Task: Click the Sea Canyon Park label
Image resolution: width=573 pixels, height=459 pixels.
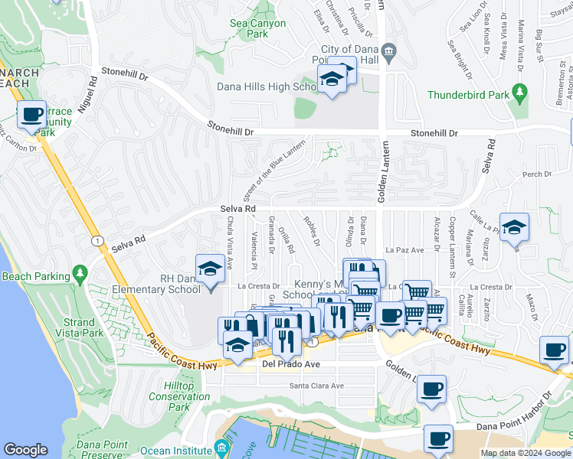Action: point(258,29)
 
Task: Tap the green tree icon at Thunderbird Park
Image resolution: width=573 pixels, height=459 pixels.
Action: point(520,93)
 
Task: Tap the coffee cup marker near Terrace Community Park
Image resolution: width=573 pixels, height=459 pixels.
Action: point(31,116)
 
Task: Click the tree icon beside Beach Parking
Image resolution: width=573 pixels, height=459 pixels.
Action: point(79,273)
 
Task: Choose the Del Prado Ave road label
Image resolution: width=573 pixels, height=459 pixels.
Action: point(290,365)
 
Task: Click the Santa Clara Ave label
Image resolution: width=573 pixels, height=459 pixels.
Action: point(316,386)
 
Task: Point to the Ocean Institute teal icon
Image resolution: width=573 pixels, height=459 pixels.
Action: point(221,447)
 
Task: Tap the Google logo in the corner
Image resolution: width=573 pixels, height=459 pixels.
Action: point(25,450)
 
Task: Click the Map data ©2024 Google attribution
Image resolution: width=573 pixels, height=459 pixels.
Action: point(525,453)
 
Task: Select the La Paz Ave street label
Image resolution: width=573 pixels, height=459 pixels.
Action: point(404,250)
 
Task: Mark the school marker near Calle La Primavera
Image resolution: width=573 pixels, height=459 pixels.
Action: point(515,227)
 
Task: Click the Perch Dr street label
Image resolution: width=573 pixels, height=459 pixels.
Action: point(537,175)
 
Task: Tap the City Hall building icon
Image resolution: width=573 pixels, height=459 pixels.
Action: point(388,53)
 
